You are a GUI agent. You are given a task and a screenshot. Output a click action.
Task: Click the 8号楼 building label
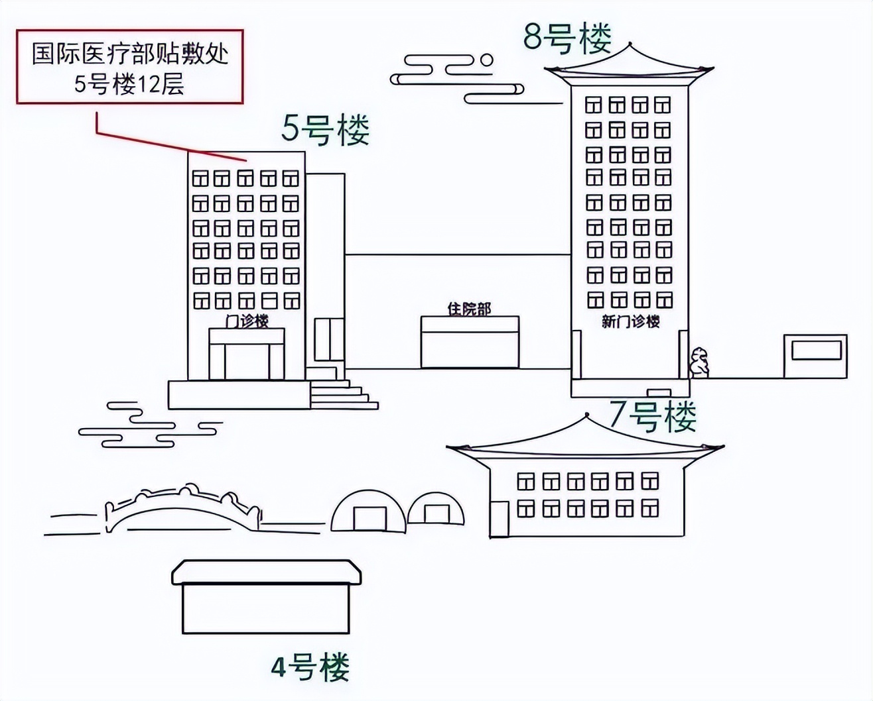(567, 38)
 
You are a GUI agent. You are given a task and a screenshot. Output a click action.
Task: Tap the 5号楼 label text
(326, 130)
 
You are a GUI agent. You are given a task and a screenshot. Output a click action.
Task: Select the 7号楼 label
(653, 417)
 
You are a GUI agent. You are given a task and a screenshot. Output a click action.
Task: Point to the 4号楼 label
(310, 668)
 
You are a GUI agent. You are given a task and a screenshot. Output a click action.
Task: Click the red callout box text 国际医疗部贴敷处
(131, 54)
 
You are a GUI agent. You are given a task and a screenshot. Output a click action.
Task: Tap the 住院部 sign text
(470, 309)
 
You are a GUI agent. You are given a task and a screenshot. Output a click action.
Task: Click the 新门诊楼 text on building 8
(630, 322)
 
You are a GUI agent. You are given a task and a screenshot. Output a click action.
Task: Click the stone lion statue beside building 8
(699, 362)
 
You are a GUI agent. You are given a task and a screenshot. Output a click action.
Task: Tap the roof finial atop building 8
(630, 42)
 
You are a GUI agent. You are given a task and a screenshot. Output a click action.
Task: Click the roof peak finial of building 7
(586, 415)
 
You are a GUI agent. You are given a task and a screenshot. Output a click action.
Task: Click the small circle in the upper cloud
(486, 60)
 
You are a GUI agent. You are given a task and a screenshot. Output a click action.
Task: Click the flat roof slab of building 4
(267, 572)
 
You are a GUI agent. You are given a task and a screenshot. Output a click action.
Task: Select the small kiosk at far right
(815, 356)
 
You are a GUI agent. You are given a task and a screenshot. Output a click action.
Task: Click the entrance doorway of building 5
(247, 362)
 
